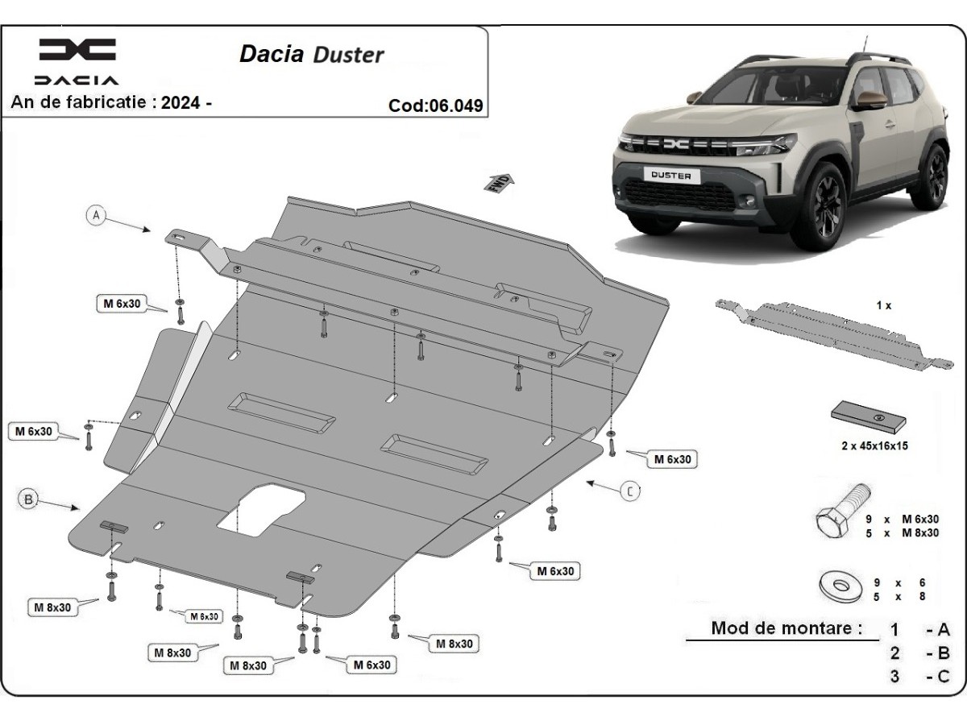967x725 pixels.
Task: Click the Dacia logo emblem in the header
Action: click(77, 49)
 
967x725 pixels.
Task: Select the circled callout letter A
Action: click(97, 215)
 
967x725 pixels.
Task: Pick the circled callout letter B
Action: click(28, 500)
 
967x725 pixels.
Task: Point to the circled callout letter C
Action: click(630, 490)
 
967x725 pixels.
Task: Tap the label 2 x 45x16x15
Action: click(874, 445)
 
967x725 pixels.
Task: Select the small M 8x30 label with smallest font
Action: click(203, 616)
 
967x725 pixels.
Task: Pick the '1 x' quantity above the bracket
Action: click(883, 305)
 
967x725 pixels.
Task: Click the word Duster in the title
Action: click(348, 55)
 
